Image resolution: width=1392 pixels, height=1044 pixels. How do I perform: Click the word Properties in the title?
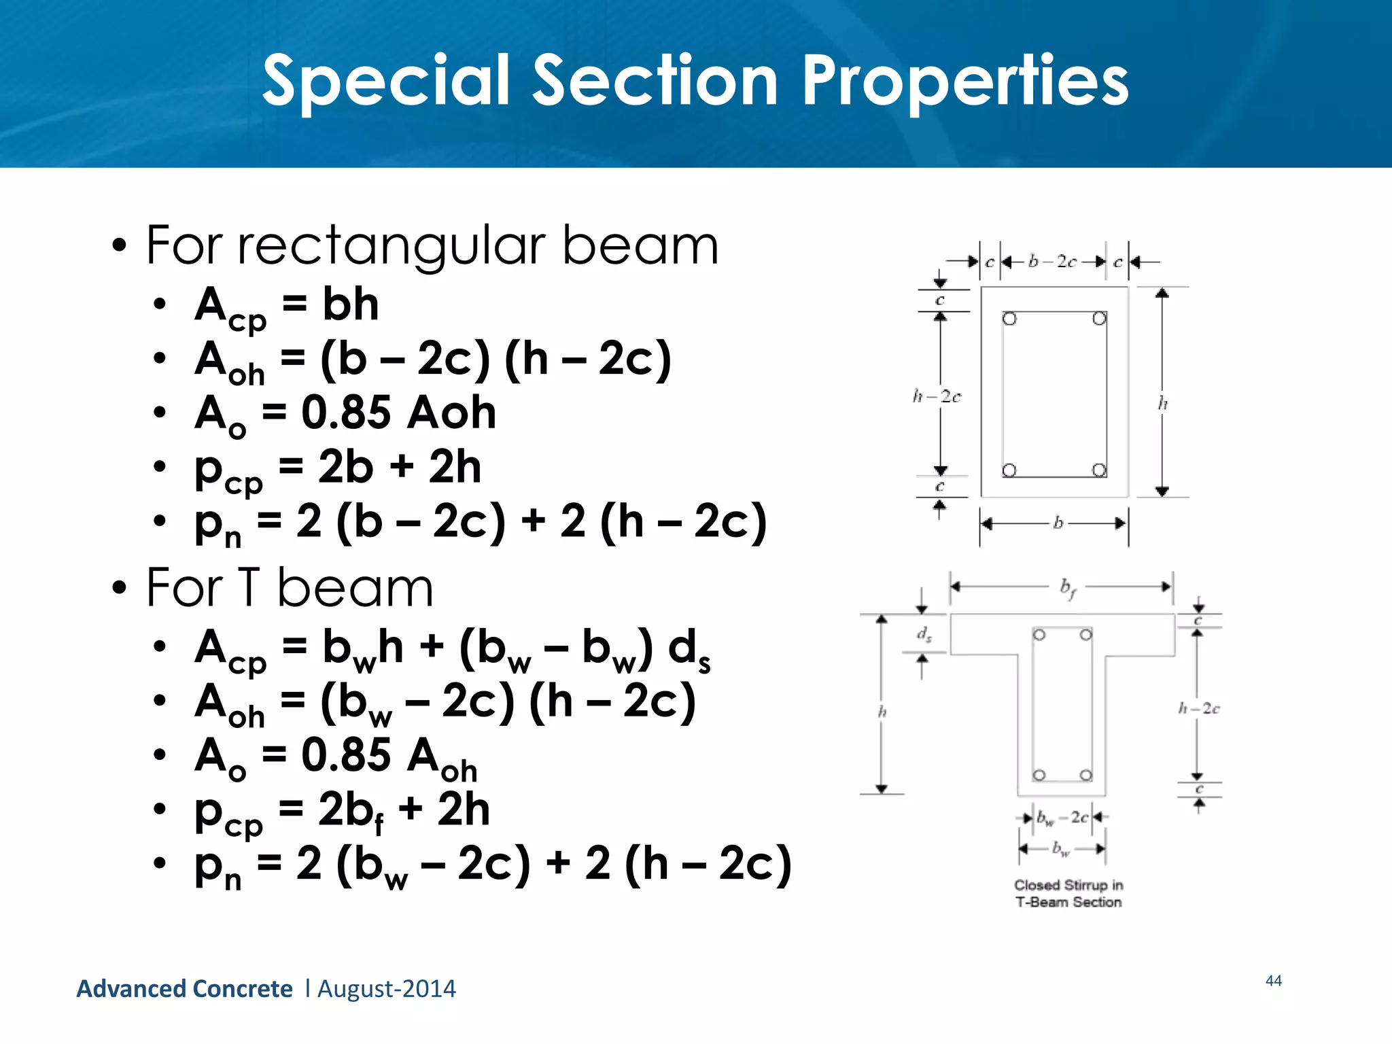tap(965, 82)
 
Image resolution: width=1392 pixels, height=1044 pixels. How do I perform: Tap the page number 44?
tap(1273, 980)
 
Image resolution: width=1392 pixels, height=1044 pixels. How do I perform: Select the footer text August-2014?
tap(387, 988)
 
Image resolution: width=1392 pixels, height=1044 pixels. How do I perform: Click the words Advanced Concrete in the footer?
tap(184, 988)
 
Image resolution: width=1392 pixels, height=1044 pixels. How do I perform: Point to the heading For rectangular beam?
tap(432, 245)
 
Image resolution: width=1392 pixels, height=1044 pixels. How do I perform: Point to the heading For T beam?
tap(289, 588)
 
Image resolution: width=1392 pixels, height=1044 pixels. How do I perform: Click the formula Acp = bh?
tap(286, 305)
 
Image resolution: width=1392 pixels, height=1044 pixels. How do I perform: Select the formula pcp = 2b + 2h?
tap(338, 468)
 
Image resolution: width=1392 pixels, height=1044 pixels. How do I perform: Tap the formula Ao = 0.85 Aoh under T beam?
tap(336, 756)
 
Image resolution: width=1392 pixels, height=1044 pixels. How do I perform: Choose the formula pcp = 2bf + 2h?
tap(342, 811)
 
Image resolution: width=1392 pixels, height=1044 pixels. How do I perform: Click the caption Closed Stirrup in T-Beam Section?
tap(1068, 893)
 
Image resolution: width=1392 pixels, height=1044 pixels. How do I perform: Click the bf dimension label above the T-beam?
tap(1068, 587)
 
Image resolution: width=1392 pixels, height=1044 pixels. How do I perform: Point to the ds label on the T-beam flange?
tap(924, 635)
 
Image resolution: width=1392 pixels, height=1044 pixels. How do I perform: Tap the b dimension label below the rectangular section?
tap(1058, 523)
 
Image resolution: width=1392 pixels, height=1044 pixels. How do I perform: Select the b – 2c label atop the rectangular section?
tap(1051, 262)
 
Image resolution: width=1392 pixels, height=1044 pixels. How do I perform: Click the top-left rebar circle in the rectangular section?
tap(1009, 319)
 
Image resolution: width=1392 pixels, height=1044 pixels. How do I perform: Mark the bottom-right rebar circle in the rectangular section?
tap(1099, 470)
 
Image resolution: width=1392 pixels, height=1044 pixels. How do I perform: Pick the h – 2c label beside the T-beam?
tap(1198, 709)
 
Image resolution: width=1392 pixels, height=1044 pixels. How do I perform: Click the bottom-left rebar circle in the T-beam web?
tap(1039, 776)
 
